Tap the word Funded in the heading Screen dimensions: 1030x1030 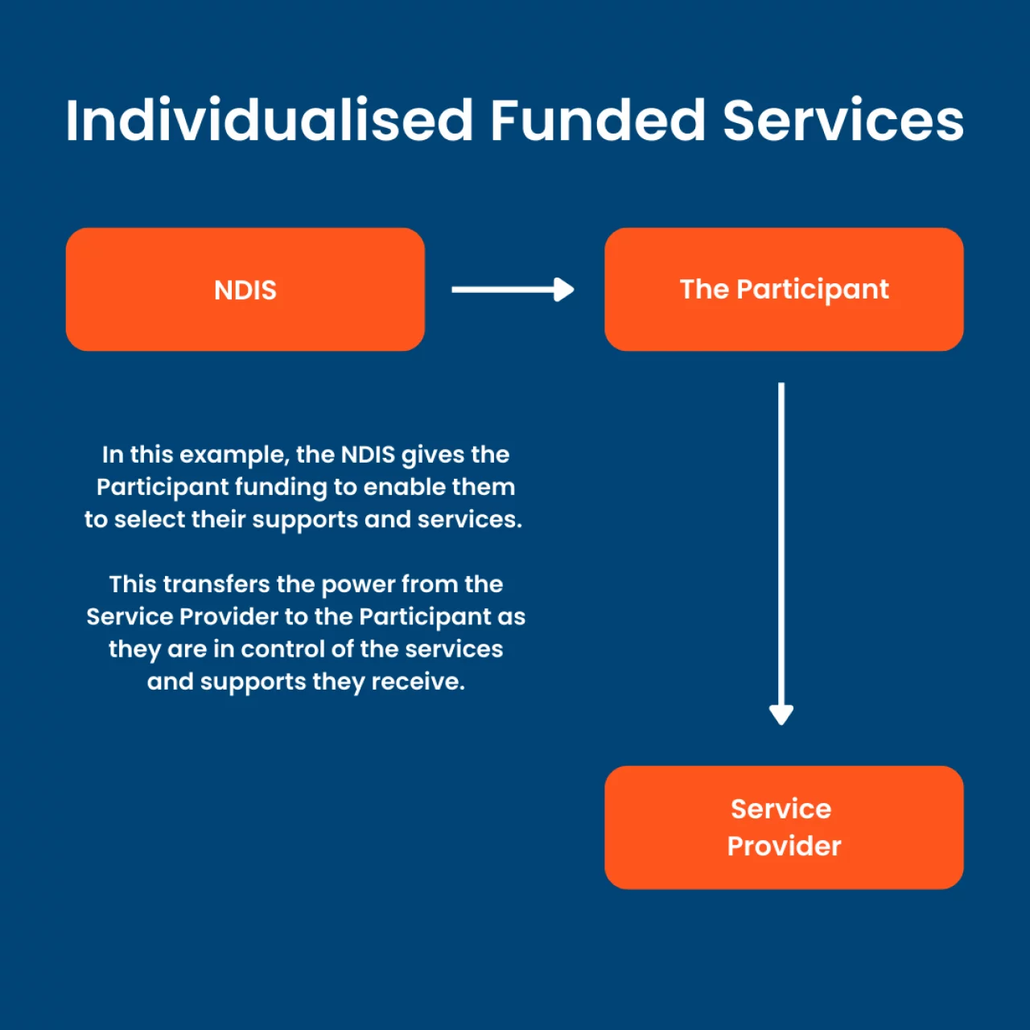click(598, 120)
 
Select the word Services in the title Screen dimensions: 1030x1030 click(843, 120)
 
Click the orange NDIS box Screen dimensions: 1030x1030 click(245, 289)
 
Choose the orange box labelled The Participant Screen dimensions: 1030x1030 click(784, 289)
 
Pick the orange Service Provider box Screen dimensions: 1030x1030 click(784, 827)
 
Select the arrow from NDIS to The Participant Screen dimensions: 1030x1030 click(513, 290)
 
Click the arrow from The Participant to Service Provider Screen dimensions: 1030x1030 click(781, 553)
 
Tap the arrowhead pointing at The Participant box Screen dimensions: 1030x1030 click(564, 290)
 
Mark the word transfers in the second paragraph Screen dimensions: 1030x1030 click(212, 584)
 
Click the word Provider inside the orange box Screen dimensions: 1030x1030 click(784, 847)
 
